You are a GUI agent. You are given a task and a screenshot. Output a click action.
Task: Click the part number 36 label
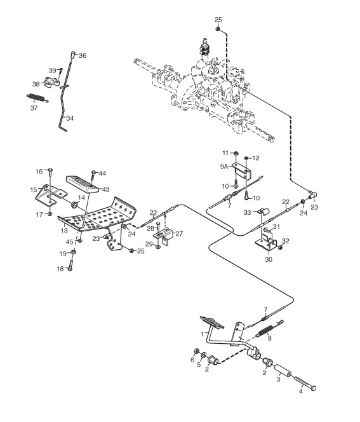83,55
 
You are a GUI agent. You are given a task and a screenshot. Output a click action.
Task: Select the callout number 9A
223,167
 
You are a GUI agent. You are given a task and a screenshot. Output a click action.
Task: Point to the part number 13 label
64,231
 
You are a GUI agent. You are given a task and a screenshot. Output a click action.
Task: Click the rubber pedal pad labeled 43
82,184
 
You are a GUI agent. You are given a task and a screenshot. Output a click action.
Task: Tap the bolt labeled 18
70,263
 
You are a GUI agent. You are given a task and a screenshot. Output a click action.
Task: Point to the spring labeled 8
269,329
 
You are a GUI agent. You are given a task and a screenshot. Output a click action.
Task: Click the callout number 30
269,259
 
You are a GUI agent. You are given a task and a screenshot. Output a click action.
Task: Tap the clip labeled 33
262,211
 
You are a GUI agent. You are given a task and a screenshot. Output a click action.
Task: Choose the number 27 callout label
179,234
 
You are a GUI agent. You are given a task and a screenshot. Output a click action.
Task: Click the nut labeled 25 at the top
218,29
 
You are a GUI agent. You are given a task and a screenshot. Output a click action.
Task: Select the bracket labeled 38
51,82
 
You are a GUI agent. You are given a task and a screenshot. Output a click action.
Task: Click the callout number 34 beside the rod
70,118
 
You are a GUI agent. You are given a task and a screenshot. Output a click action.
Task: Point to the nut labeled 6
197,351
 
